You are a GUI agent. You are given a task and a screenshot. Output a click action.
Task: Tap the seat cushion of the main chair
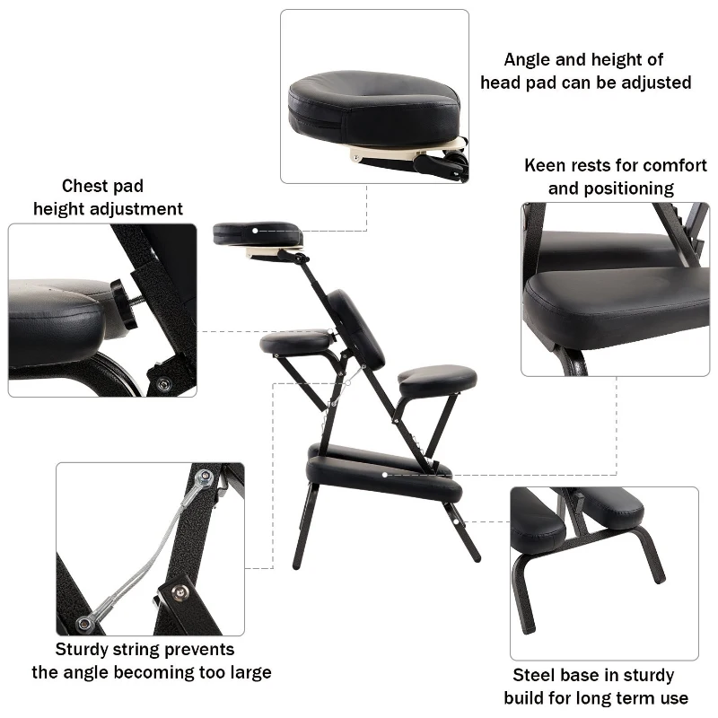[384, 476]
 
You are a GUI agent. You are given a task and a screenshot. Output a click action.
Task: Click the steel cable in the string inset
[148, 556]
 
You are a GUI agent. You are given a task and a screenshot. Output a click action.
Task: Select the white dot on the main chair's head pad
[256, 231]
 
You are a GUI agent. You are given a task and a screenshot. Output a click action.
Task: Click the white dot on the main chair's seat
[385, 473]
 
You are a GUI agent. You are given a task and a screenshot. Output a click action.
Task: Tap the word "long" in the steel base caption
[592, 698]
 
